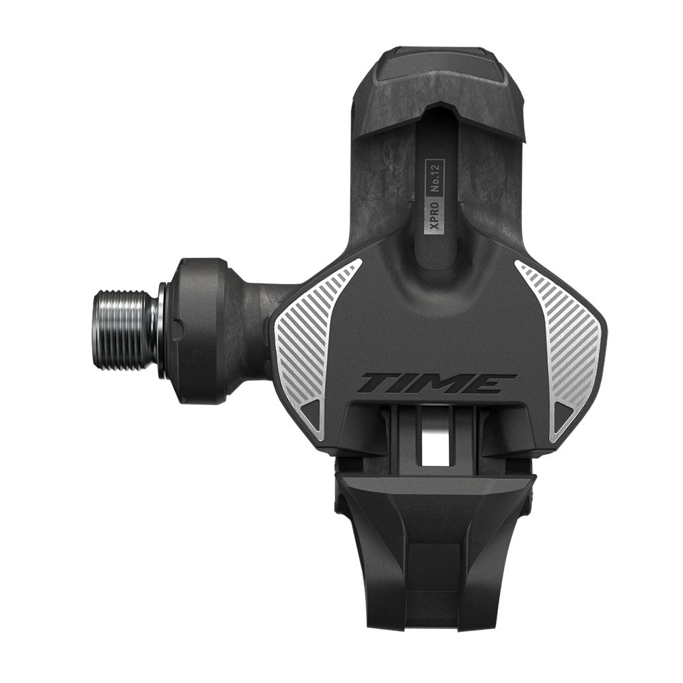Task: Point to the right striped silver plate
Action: pyautogui.click(x=561, y=349)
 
